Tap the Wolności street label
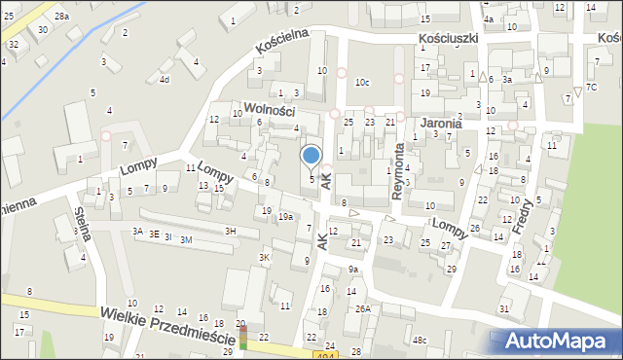click(x=270, y=110)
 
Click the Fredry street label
click(x=527, y=213)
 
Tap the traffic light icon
click(x=242, y=338)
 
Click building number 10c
click(x=362, y=83)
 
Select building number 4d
click(x=165, y=79)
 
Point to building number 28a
click(x=61, y=17)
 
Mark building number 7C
click(x=591, y=88)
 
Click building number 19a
click(x=285, y=216)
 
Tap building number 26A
click(x=362, y=308)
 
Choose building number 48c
click(x=419, y=340)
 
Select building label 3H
click(x=230, y=231)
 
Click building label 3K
click(x=264, y=257)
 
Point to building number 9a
click(x=353, y=269)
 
